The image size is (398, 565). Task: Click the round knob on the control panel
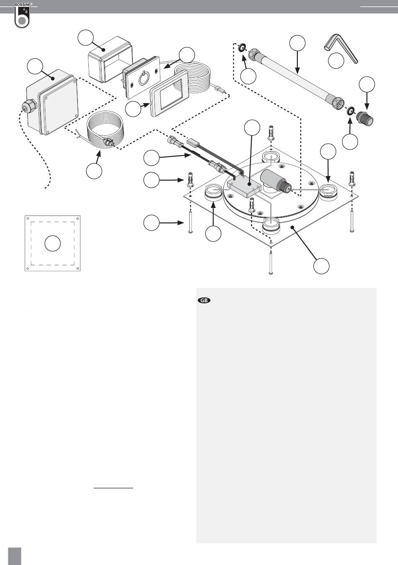coord(144,78)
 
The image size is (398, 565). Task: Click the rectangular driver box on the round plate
coord(242,187)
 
